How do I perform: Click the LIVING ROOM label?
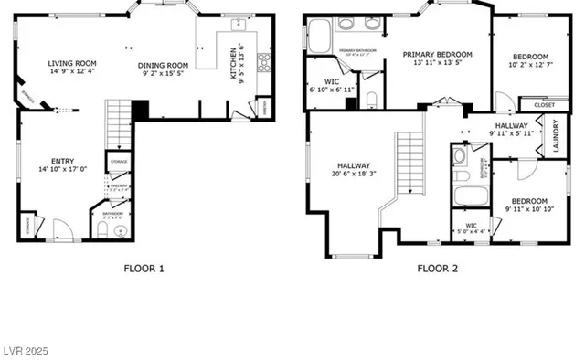tap(72, 64)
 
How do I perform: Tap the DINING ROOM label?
tap(164, 65)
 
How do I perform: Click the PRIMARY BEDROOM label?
tap(442, 54)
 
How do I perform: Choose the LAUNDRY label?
tap(556, 135)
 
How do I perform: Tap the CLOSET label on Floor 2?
tap(544, 105)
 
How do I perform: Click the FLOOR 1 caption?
tap(144, 269)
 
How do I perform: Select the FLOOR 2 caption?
tap(437, 269)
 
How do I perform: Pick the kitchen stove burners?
tap(265, 63)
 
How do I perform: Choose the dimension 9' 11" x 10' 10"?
tap(529, 209)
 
